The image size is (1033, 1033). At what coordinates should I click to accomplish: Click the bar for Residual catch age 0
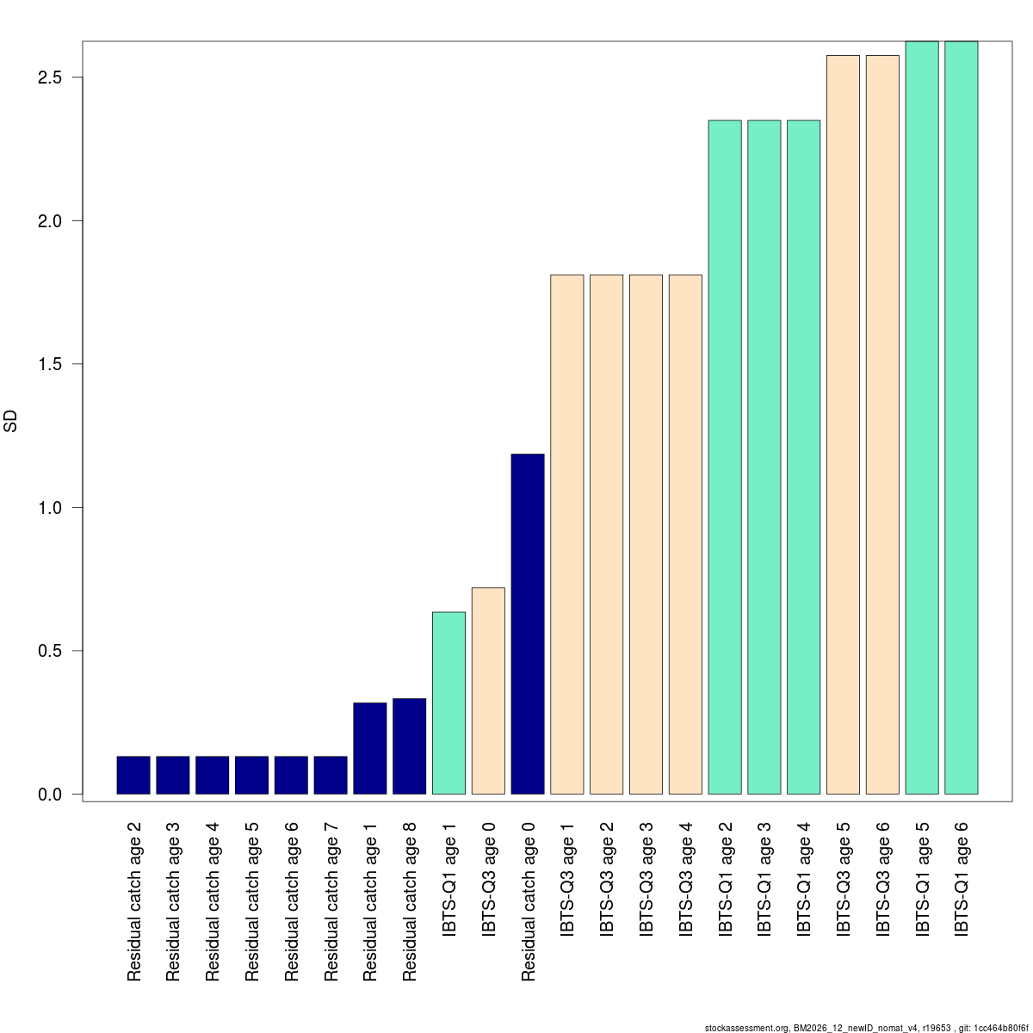coord(528,623)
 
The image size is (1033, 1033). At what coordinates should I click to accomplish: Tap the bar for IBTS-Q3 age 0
coord(488,690)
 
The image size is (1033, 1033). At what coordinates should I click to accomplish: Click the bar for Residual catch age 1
coord(370,748)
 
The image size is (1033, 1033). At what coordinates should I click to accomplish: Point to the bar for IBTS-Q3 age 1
coord(567,534)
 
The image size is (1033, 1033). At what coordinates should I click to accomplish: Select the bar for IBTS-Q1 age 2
coord(725,456)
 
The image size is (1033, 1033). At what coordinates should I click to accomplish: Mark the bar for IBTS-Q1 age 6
coord(962,418)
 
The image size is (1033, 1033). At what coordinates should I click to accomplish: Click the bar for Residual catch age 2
coord(133,775)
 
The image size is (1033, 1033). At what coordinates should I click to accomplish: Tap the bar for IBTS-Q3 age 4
coord(685,534)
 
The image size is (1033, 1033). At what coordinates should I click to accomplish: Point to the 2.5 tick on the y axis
coord(77,77)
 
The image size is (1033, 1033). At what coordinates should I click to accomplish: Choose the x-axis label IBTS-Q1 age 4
coord(804,879)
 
